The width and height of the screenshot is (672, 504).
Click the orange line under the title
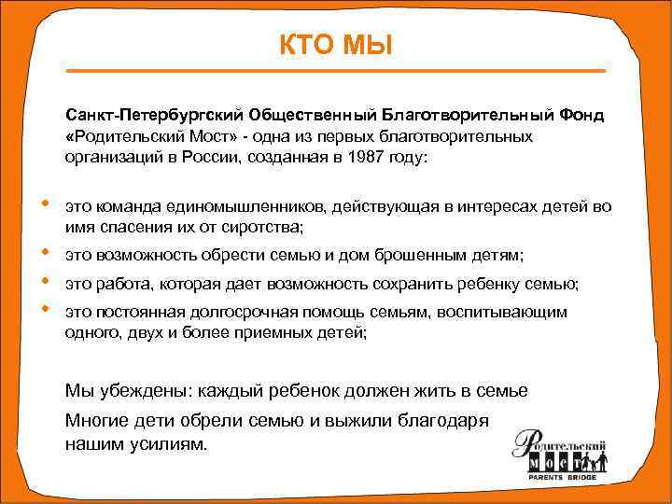[335, 71]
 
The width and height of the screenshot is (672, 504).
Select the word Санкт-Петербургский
[152, 115]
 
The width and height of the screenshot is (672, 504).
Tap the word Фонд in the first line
[581, 115]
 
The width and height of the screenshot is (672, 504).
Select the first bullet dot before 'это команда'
[45, 204]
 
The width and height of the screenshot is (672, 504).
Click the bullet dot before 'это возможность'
[45, 253]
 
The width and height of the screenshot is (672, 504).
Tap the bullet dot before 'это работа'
[45, 282]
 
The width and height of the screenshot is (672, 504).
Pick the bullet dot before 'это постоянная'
[45, 310]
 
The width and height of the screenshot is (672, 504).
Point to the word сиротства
[257, 227]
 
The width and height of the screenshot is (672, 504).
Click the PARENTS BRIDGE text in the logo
[560, 477]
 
